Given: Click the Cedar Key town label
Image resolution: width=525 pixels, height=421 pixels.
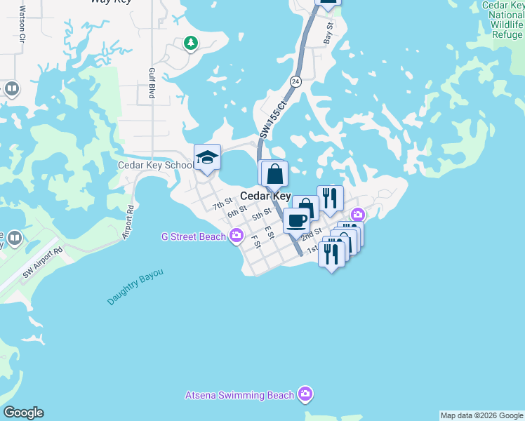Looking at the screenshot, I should (x=266, y=196).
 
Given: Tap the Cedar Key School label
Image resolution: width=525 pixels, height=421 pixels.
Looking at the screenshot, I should (x=155, y=165).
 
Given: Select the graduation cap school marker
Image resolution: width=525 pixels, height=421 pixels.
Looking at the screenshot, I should (x=208, y=158).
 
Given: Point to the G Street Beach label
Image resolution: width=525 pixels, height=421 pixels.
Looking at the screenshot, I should (x=194, y=236).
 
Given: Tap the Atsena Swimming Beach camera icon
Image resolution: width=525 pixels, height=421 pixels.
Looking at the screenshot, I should (x=304, y=394).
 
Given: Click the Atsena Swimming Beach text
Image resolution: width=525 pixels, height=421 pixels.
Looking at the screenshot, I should (x=239, y=395).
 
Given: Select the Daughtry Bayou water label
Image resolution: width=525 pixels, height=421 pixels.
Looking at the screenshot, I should (x=135, y=286).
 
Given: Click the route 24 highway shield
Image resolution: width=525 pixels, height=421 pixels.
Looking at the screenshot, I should (x=296, y=81).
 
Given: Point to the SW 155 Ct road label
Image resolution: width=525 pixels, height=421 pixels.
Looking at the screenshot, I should (x=273, y=119).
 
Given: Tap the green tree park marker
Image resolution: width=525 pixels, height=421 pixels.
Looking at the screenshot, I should (x=190, y=44).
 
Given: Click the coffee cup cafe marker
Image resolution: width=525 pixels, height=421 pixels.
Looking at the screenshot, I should (x=296, y=220).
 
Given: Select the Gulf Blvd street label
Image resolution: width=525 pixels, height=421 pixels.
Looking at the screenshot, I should (x=151, y=83).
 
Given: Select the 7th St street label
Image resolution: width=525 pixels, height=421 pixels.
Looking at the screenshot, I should (x=222, y=204).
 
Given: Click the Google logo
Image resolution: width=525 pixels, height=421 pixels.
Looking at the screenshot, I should (x=23, y=413).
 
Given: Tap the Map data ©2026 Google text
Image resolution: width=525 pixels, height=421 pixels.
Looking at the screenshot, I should (x=482, y=415).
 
